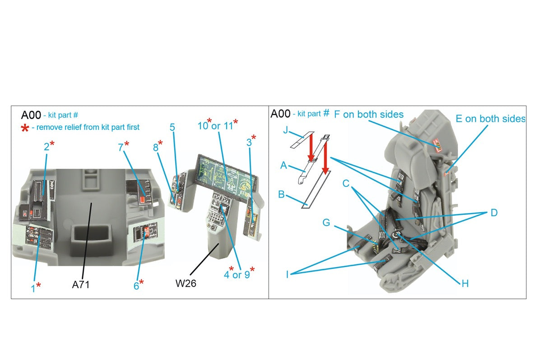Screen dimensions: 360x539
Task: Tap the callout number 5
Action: coord(172,128)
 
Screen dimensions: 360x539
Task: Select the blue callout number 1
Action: coord(33,288)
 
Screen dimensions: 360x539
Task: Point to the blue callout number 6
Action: coord(136,285)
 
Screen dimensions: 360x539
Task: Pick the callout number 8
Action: coord(155,147)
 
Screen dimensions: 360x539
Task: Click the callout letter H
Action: coord(465,283)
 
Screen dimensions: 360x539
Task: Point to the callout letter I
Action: coord(287,274)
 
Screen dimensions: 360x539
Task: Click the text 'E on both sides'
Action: coord(490,119)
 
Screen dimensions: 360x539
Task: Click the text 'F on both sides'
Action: coord(368,115)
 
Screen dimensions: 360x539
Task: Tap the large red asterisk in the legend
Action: coord(25,128)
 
